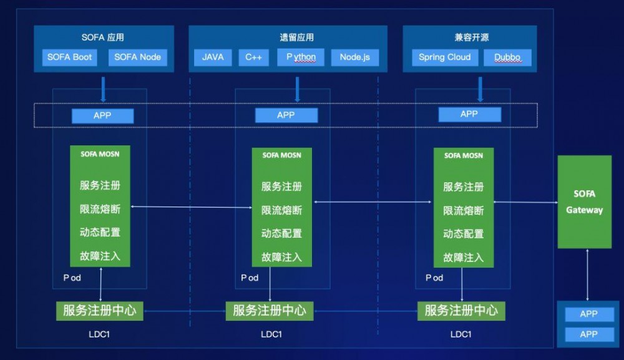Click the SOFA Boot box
[70, 57]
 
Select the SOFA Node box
[138, 57]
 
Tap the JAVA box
[213, 57]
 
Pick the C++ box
[253, 57]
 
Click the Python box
[301, 57]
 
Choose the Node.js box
[354, 57]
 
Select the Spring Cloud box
[445, 57]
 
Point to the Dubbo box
[507, 57]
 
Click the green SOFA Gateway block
[585, 202]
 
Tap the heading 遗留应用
[288, 37]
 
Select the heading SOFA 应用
[103, 37]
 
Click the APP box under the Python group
[286, 115]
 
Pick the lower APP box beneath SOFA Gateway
[588, 334]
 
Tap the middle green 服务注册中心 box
[270, 310]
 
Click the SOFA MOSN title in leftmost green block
[100, 153]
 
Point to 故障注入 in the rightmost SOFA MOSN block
[463, 257]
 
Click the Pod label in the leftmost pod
[72, 278]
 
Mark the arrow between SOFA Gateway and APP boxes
[587, 275]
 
